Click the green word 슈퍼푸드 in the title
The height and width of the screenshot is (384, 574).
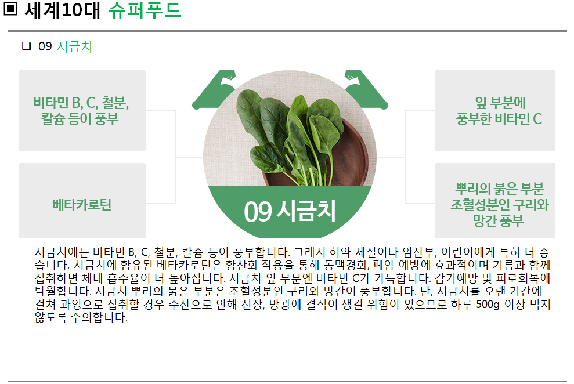pyautogui.click(x=145, y=10)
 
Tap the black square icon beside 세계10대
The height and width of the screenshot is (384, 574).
pyautogui.click(x=10, y=9)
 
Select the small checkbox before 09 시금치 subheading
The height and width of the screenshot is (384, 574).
pyautogui.click(x=26, y=46)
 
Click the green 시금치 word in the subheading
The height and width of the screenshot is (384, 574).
pyautogui.click(x=74, y=46)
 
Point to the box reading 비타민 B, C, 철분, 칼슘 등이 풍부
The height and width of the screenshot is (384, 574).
pyautogui.click(x=82, y=110)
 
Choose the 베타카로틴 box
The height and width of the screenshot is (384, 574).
pyautogui.click(x=82, y=201)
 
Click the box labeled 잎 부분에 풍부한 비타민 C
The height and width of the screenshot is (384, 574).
pyautogui.click(x=495, y=110)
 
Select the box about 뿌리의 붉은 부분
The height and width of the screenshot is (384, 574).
pyautogui.click(x=495, y=201)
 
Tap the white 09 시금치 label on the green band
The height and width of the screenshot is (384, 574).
pyautogui.click(x=290, y=211)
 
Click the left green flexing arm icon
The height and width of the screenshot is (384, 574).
pyautogui.click(x=214, y=89)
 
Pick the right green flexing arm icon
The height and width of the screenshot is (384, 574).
pyautogui.click(x=366, y=89)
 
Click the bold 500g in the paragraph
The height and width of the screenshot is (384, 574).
pyautogui.click(x=488, y=305)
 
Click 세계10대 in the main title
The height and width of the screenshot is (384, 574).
pyautogui.click(x=62, y=10)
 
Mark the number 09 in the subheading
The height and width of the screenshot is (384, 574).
pyautogui.click(x=45, y=46)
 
